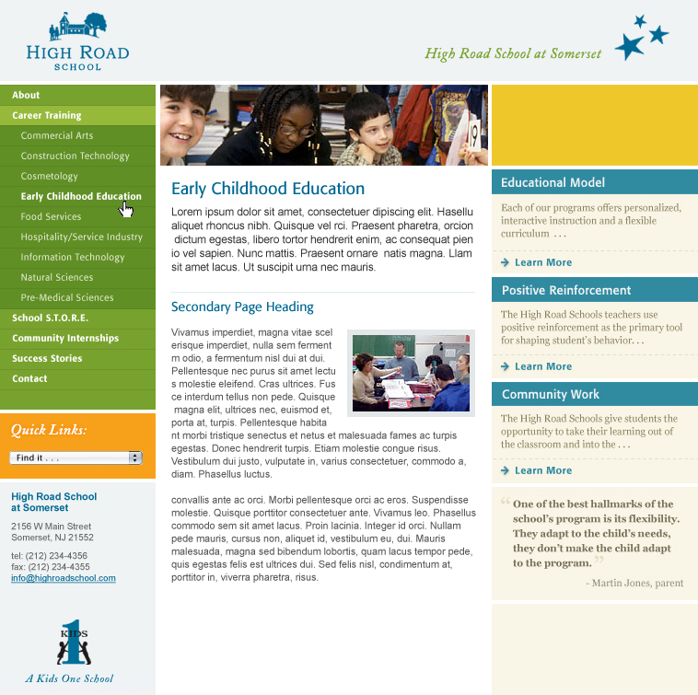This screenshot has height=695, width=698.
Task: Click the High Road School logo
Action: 77,41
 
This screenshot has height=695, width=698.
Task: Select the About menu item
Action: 26,95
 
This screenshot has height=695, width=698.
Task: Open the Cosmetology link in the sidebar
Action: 50,176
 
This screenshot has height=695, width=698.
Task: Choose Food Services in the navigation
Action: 52,216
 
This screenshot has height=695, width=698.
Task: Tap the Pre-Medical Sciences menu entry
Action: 67,297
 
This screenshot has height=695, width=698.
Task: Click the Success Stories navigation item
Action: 47,358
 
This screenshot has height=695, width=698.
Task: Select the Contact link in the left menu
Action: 29,378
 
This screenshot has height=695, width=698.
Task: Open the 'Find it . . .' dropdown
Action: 76,458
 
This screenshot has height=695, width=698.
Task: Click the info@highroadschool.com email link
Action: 64,578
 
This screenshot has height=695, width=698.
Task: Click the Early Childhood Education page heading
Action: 268,189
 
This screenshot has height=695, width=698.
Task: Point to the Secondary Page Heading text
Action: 242,307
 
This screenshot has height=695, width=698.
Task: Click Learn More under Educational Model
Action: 542,262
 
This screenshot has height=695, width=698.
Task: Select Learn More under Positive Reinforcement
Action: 542,366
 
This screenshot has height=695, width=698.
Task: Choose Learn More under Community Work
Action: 542,470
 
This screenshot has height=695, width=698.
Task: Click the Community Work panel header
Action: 551,394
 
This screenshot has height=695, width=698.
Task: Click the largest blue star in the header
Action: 629,46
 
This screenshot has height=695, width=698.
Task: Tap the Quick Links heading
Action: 49,430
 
